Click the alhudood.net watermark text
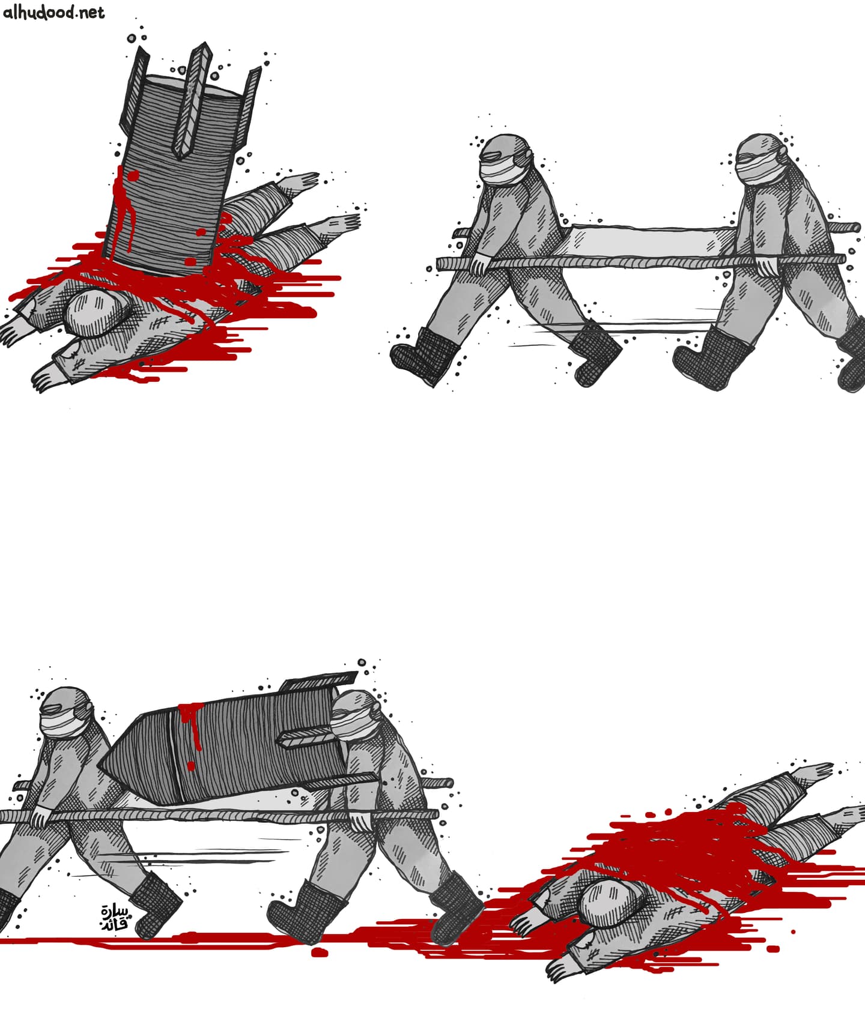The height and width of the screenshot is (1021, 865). coord(54,12)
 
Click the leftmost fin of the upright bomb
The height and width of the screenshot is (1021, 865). coord(136,87)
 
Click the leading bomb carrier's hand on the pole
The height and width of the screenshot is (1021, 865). coord(360,819)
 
